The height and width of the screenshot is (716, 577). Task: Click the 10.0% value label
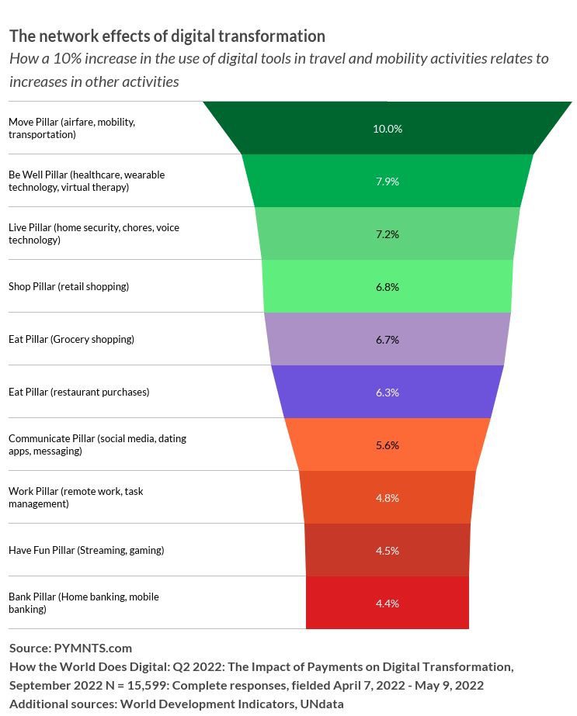(x=387, y=129)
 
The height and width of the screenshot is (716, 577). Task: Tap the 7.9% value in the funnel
(x=387, y=182)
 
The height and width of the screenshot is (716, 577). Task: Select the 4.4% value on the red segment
(x=387, y=604)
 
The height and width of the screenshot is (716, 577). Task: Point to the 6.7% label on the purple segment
(x=387, y=340)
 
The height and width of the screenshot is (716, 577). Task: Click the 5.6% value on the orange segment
(x=387, y=445)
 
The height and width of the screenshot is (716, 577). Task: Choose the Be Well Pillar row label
(x=86, y=181)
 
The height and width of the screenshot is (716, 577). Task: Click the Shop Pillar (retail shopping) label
(x=68, y=287)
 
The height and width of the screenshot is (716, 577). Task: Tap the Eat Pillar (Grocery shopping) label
(x=71, y=340)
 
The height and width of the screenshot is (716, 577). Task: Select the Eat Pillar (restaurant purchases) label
(x=78, y=393)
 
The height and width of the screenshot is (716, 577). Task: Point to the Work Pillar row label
(x=75, y=497)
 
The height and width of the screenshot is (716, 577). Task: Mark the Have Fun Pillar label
(x=86, y=551)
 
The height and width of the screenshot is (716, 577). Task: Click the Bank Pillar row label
(x=83, y=603)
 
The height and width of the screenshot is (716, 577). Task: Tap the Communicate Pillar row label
(x=97, y=444)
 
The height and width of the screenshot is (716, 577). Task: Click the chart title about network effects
(x=167, y=36)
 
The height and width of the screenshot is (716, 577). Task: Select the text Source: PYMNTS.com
(x=71, y=648)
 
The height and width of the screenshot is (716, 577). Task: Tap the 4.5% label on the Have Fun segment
(x=387, y=551)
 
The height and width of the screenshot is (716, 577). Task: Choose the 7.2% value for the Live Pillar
(x=387, y=234)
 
